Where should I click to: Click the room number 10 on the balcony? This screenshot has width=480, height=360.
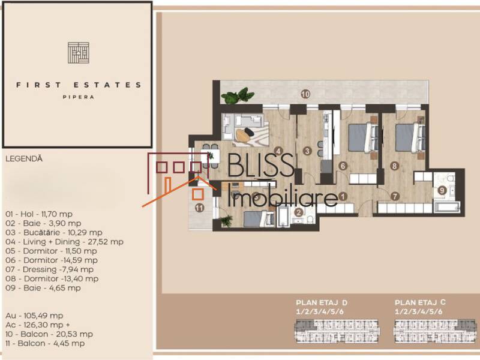(x=305, y=94)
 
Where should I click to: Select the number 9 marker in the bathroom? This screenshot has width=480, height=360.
(x=442, y=191)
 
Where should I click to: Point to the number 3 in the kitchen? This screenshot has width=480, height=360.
(x=307, y=151)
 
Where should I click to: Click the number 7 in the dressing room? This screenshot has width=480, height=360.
(x=395, y=196)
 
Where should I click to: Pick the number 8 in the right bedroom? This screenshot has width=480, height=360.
(x=394, y=166)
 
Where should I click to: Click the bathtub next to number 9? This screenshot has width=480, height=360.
(x=444, y=208)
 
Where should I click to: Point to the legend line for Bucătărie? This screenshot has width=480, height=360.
(x=53, y=232)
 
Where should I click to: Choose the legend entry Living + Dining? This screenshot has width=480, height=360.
(x=64, y=241)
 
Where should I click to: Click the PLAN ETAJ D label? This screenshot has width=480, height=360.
(x=322, y=303)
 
